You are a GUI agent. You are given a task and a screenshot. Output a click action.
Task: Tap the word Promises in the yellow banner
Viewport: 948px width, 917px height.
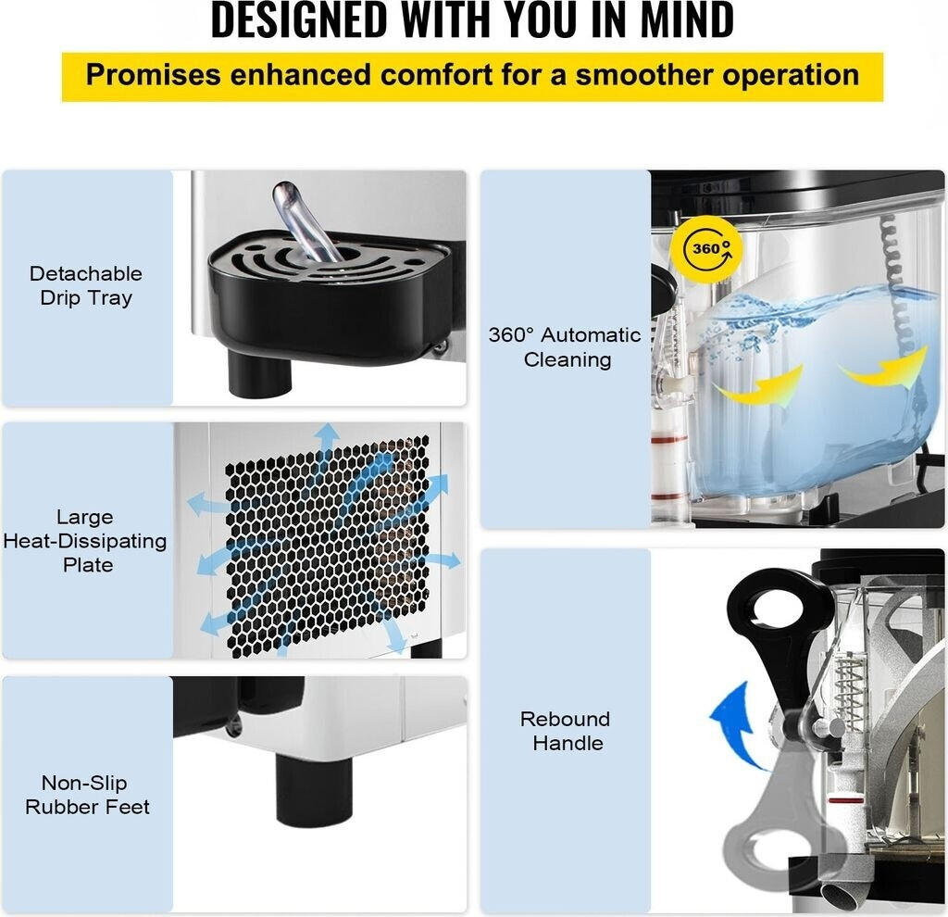(153, 75)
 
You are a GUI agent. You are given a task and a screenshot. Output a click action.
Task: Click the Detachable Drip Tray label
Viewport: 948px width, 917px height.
(86, 285)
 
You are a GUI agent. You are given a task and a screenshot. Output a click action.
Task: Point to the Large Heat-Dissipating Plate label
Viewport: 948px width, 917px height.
(85, 541)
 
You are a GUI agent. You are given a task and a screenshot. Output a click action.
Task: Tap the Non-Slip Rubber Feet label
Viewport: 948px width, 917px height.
(87, 795)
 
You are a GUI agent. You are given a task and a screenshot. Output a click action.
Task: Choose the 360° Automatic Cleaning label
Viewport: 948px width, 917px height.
(565, 347)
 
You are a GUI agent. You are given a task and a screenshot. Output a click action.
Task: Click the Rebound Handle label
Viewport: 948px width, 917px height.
(565, 731)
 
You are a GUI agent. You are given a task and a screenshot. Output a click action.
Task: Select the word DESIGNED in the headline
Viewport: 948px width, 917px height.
(299, 19)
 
